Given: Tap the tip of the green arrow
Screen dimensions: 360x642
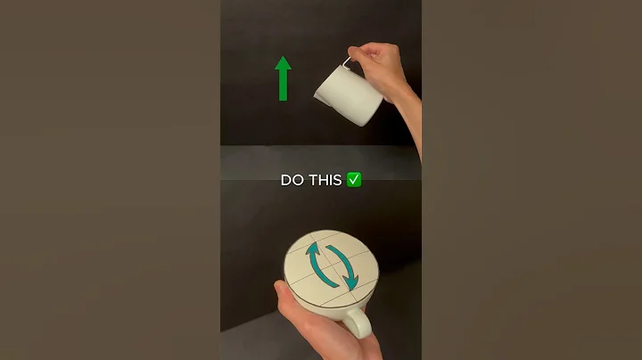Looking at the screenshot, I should point(283,57).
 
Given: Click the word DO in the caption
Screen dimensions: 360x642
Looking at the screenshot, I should point(292,180).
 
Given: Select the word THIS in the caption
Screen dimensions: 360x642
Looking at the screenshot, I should point(325,180).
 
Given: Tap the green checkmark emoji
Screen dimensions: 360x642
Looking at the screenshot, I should point(354,180).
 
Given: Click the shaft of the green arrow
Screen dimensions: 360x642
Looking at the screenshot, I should point(283,86).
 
